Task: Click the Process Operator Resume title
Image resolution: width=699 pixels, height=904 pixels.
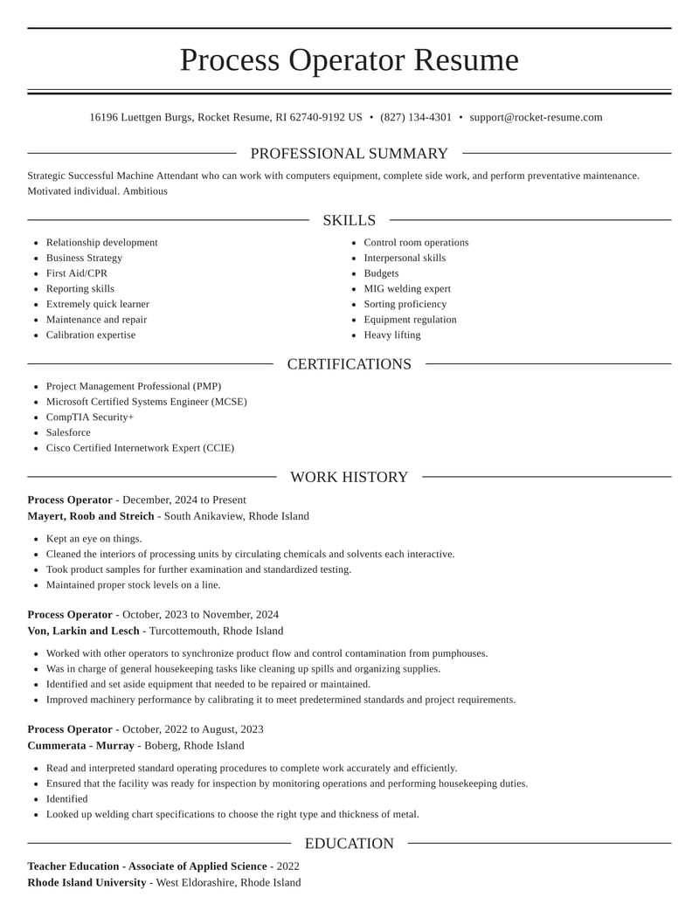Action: click(x=349, y=60)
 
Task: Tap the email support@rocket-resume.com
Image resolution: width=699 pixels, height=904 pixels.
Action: click(x=536, y=117)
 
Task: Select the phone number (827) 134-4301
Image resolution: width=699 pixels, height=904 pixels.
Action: click(x=416, y=117)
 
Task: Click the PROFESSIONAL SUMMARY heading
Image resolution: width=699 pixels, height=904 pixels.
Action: click(x=349, y=154)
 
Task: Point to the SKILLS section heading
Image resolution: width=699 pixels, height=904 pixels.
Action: click(x=349, y=220)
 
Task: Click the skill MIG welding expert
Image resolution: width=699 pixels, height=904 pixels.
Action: click(x=407, y=289)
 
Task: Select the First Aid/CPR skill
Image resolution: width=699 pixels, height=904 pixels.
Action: click(x=77, y=273)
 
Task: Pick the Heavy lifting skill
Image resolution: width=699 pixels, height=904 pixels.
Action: click(x=391, y=335)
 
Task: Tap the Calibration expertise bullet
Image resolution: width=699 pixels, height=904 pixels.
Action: click(x=91, y=335)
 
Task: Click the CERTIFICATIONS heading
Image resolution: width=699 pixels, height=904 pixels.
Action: click(x=349, y=364)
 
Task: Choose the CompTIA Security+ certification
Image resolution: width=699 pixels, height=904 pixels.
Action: click(x=90, y=417)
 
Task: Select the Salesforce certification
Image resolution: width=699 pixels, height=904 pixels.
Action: click(x=68, y=433)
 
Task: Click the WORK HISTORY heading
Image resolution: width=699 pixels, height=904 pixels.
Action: click(x=349, y=477)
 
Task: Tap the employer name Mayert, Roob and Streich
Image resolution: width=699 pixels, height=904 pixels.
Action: click(x=91, y=516)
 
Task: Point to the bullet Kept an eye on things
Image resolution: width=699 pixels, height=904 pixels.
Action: click(x=93, y=539)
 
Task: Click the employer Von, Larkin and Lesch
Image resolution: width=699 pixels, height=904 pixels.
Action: click(x=83, y=631)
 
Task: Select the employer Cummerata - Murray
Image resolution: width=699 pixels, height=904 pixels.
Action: click(x=80, y=746)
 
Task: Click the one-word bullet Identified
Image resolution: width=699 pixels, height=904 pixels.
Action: click(x=67, y=799)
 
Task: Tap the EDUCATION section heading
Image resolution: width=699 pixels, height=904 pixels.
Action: click(x=349, y=844)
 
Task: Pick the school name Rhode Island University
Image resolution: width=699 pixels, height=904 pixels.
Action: click(x=87, y=883)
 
